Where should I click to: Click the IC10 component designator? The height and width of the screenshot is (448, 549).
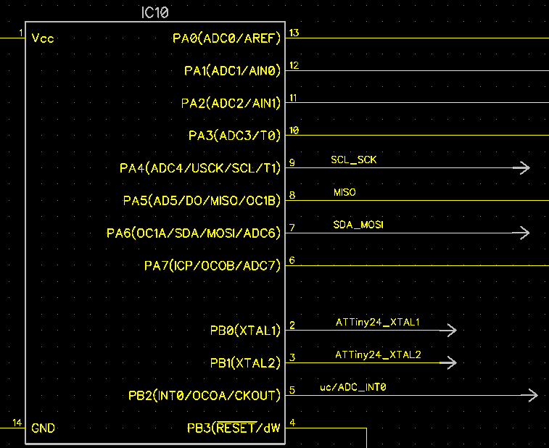[x=155, y=12]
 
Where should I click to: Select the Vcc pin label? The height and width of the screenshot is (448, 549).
[x=43, y=38]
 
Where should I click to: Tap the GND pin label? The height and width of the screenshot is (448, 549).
[x=43, y=428]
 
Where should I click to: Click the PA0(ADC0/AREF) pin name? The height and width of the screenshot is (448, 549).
[x=226, y=38]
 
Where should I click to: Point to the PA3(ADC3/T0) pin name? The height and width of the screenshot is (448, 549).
[x=234, y=136]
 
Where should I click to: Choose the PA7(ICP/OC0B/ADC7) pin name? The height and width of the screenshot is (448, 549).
[x=212, y=265]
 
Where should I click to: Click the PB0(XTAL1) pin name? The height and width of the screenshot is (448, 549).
[x=245, y=331]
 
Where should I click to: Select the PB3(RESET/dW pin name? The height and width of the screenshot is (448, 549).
[x=234, y=428]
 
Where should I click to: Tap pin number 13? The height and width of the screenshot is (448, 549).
[x=294, y=33]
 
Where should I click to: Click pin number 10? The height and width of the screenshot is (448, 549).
[x=294, y=130]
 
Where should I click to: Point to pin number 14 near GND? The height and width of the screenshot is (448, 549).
[x=17, y=423]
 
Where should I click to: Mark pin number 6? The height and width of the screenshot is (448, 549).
[x=292, y=260]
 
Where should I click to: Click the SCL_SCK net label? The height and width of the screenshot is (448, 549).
[x=354, y=160]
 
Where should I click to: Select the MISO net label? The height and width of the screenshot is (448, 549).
[x=344, y=192]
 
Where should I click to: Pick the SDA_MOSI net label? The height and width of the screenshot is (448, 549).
[x=358, y=225]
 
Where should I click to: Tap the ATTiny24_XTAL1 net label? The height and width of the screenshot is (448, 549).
[x=377, y=322]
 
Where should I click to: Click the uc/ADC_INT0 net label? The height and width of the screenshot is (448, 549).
[x=353, y=387]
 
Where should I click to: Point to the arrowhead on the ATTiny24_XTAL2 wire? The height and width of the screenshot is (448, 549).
[x=449, y=362]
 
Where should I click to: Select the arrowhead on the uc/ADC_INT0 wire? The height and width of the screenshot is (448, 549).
[x=529, y=395]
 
